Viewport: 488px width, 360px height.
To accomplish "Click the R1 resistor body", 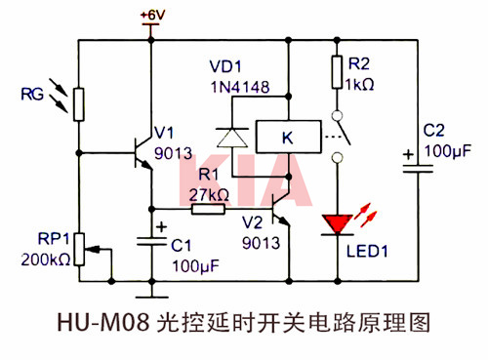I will (208, 209).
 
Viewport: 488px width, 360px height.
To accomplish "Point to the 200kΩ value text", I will (42, 260).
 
